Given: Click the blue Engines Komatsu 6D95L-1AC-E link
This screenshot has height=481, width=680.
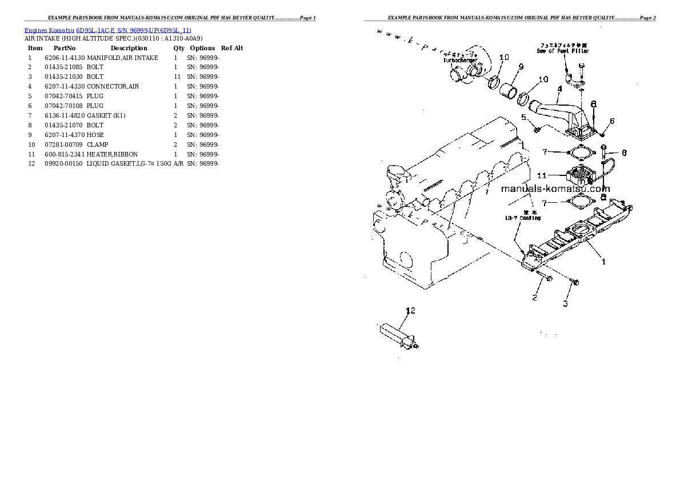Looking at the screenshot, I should coord(107,30).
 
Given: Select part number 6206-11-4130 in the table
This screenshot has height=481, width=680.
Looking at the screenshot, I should coord(65,58).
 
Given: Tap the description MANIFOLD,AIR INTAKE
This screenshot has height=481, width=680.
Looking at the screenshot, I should coord(122,58).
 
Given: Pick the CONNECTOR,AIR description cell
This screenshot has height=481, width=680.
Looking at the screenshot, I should coord(113,86).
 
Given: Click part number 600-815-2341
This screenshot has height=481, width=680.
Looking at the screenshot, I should coord(65,154).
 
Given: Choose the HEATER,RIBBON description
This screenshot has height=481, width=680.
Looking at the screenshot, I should coord(112,154).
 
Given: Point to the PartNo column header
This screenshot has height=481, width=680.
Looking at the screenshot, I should coord(65,48).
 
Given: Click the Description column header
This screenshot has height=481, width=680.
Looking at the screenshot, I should coord(129,48).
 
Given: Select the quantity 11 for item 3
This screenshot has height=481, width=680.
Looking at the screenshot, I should coord(177,77).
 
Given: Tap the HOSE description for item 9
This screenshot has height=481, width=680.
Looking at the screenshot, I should coord(95,135).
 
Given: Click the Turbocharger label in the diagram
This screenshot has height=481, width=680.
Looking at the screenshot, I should coord(460,61).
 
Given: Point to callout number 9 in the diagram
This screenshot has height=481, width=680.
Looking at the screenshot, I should coord(521,67).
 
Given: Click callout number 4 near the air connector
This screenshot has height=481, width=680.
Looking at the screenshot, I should coord(559,89).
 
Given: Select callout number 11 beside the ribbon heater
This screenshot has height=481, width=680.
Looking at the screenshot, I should coord(542,175).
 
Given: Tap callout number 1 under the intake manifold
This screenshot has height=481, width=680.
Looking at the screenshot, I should coord(602,262).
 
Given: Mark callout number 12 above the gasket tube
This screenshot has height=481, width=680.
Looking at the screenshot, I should coord(410,311).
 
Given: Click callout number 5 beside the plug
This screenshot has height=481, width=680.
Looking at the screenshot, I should coord(523,118).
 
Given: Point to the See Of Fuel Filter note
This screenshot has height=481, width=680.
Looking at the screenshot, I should coord(563,51).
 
